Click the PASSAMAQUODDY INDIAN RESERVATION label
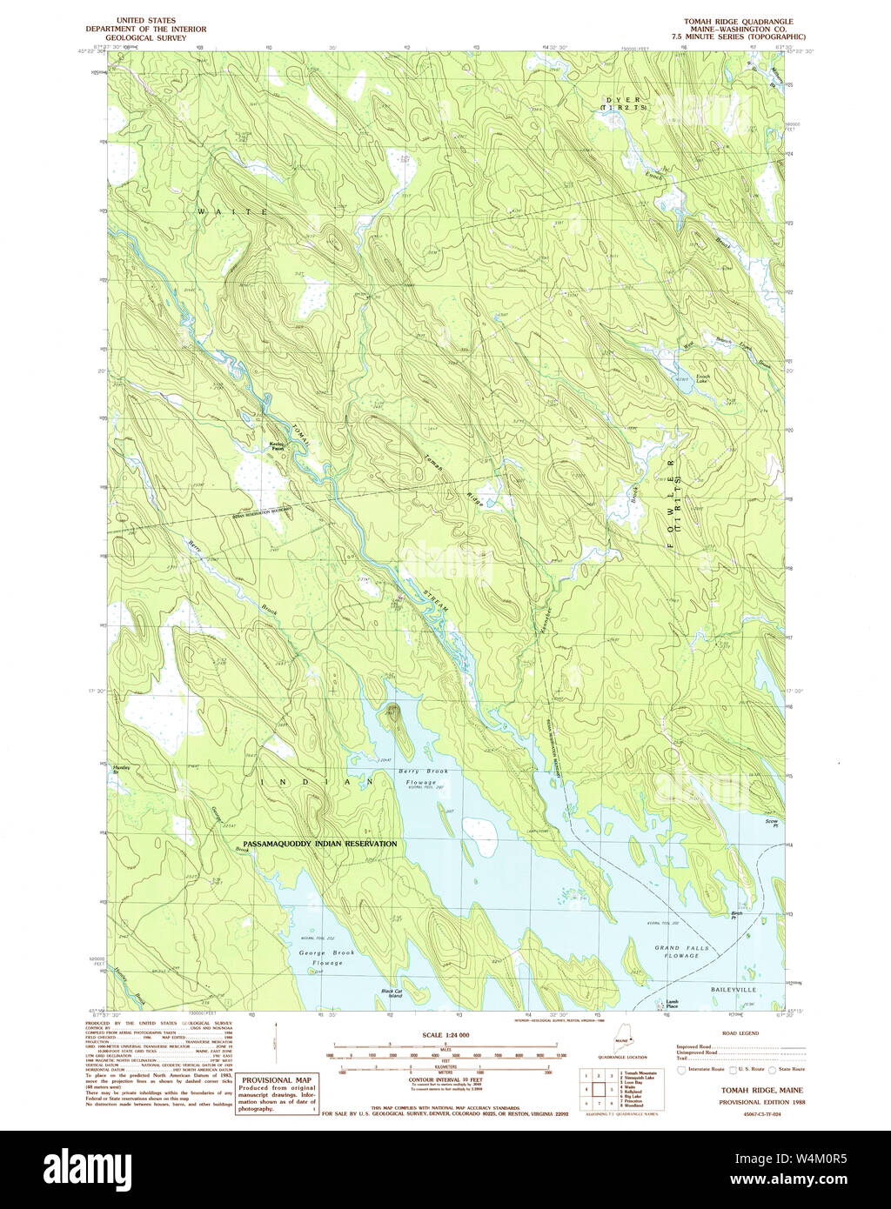[320, 844]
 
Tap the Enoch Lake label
[702, 379]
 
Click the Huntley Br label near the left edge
[122, 769]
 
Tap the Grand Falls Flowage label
[681, 952]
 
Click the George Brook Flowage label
[328, 958]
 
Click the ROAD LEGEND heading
[736, 1034]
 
